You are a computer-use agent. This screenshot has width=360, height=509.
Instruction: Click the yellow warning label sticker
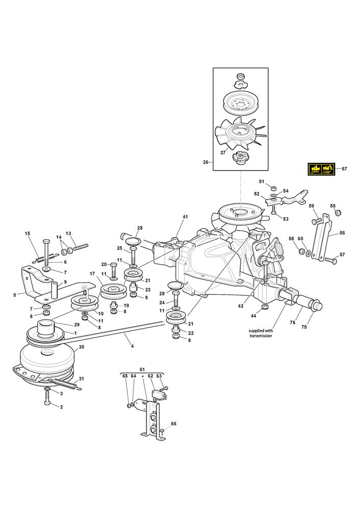coord(321,168)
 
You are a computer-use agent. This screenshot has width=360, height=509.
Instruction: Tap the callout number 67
coord(345,168)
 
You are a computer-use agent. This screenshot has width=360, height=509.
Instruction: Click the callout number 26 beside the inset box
coord(206,162)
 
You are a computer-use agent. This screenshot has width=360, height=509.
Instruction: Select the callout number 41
coord(185,217)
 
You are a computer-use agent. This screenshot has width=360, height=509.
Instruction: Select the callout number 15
coord(28,234)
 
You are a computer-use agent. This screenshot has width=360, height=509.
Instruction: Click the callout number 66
coord(174,423)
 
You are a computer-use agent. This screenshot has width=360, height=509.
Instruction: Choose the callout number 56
coord(342,233)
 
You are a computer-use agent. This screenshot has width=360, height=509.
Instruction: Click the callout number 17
coord(92,274)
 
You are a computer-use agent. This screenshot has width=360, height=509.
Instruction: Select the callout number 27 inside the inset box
coord(223,153)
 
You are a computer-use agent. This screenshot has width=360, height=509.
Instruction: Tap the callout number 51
coord(261,181)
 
